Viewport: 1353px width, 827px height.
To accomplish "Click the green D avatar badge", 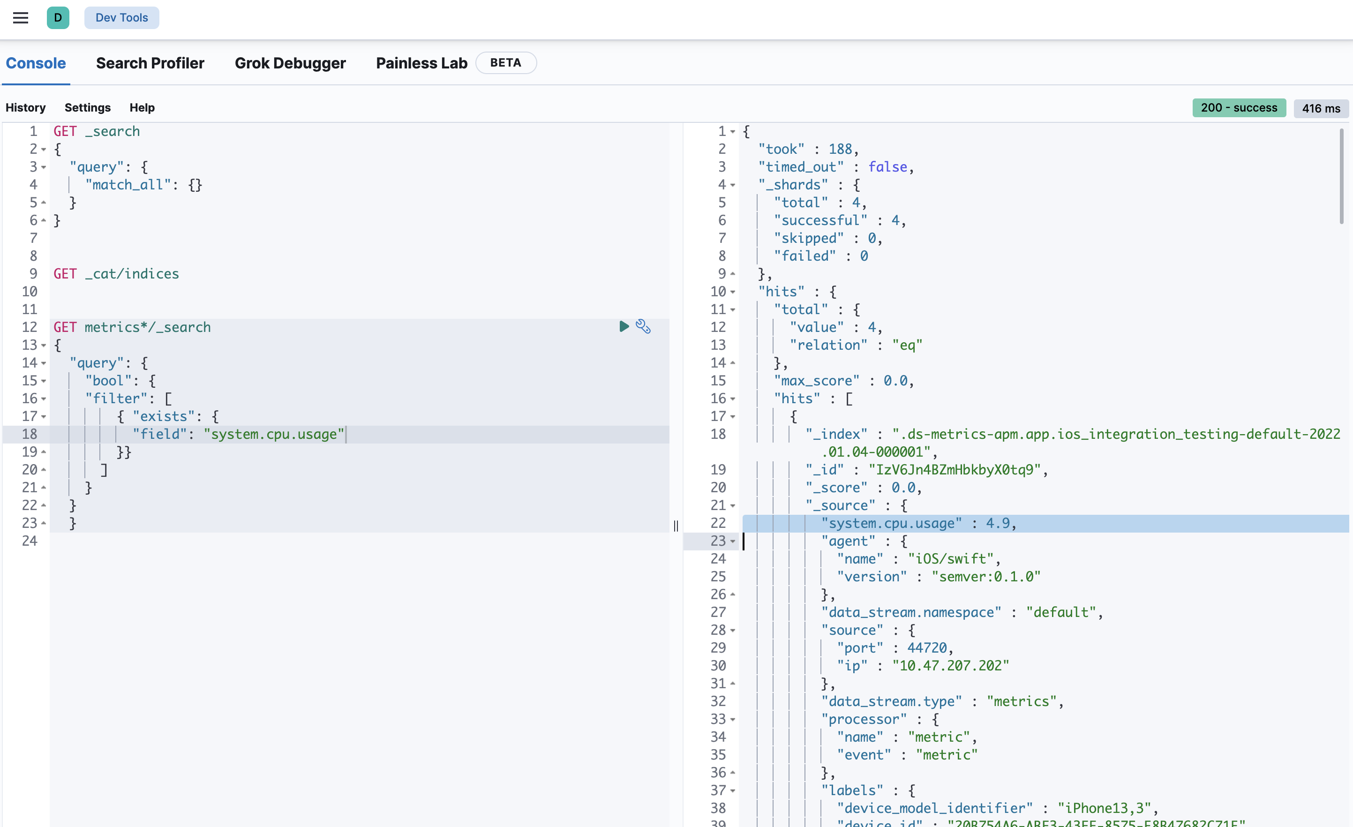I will tap(58, 18).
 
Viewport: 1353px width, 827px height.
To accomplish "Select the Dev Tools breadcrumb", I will tap(121, 18).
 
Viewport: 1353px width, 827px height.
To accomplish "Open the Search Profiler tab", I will tap(150, 63).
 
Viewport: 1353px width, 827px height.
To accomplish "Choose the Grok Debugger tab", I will tap(290, 63).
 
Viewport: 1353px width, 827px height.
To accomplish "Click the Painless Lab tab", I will tap(421, 63).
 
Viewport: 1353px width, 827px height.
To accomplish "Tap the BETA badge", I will tap(505, 63).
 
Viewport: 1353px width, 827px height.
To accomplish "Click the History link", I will tap(25, 108).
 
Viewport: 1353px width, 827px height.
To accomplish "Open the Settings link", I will tap(87, 108).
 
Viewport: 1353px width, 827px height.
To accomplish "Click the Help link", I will tap(142, 108).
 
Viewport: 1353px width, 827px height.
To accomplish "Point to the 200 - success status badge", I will tap(1238, 108).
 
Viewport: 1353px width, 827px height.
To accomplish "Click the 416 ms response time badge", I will tap(1321, 108).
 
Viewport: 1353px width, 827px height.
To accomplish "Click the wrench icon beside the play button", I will tap(643, 327).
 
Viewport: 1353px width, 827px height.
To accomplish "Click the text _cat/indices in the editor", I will tap(132, 274).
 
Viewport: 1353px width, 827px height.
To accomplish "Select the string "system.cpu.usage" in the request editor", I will tap(274, 435).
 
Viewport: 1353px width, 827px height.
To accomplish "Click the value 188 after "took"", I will tap(840, 150).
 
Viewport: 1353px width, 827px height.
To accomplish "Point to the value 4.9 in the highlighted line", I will tap(997, 523).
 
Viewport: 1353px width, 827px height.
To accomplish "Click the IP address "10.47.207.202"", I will tap(950, 666).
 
